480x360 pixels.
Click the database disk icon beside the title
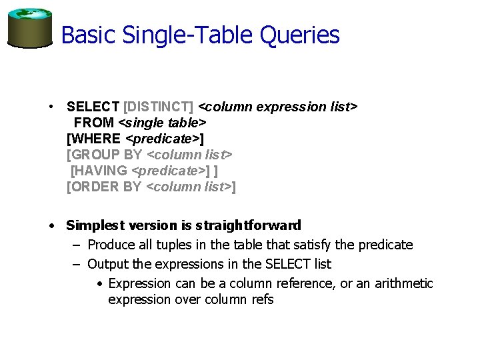pyautogui.click(x=29, y=29)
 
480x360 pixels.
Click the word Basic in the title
pyautogui.click(x=82, y=35)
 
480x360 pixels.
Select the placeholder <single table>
pyautogui.click(x=162, y=123)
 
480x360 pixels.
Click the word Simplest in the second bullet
pyautogui.click(x=93, y=225)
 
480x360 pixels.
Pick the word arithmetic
pyautogui.click(x=404, y=284)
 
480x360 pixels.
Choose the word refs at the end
pyautogui.click(x=261, y=300)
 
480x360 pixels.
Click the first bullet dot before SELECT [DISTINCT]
pyautogui.click(x=51, y=107)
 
